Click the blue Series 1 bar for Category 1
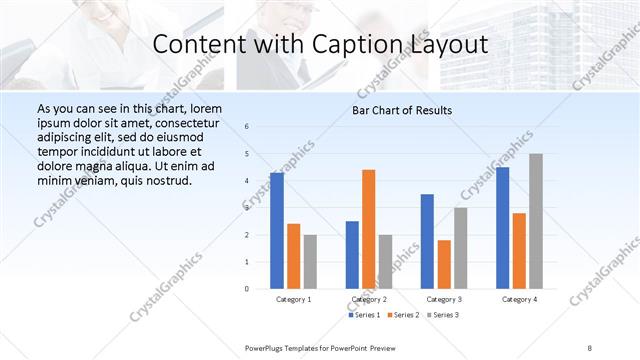[x=277, y=231]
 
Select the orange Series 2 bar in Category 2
[x=368, y=229]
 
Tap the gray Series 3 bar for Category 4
[x=536, y=221]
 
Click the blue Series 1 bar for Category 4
[x=503, y=228]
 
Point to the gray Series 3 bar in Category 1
[x=310, y=262]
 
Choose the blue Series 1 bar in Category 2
[x=352, y=255]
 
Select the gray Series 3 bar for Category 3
[x=460, y=248]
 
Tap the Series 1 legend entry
[x=365, y=315]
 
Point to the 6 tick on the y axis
[x=247, y=127]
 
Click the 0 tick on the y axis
[x=247, y=289]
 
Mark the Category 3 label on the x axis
[x=443, y=299]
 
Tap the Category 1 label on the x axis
[x=293, y=299]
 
